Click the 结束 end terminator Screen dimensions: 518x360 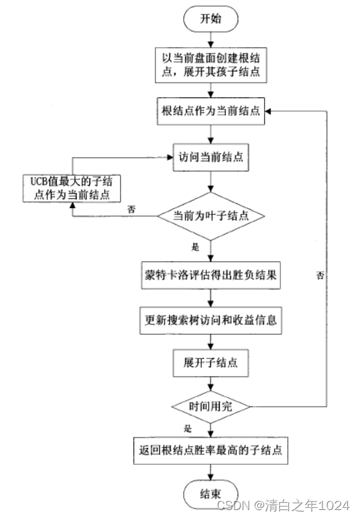click(211, 494)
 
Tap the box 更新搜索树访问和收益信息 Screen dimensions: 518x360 click(211, 319)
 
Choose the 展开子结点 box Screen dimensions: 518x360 click(211, 363)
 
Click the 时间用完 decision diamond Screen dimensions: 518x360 click(211, 406)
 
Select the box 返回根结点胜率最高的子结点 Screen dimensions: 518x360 click(211, 450)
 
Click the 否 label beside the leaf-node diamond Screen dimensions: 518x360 click(132, 209)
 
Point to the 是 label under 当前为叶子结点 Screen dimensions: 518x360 click(195, 246)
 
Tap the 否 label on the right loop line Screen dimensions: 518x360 click(321, 274)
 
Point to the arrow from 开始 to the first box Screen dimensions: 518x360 click(211, 41)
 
